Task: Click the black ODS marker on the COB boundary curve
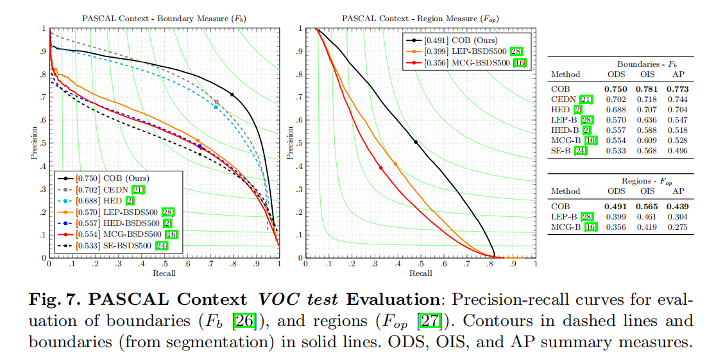point(232,94)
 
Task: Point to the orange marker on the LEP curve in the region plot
point(395,164)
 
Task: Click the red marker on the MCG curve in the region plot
point(381,168)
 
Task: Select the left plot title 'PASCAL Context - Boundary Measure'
point(155,19)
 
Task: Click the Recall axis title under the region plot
point(420,273)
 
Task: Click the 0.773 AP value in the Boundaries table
point(678,89)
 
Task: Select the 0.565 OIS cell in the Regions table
point(647,207)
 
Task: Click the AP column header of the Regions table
point(678,191)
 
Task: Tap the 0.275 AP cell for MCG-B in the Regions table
point(678,227)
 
